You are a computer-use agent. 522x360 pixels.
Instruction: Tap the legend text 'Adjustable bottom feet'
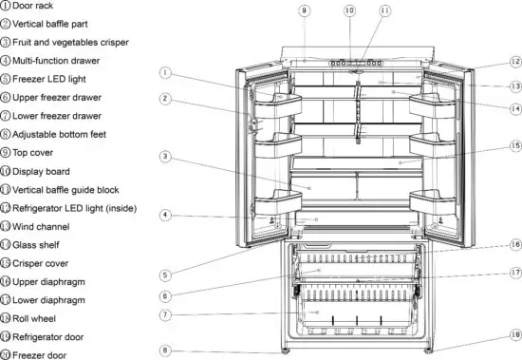tap(70, 135)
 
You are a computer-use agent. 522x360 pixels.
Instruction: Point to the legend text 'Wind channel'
tap(45, 226)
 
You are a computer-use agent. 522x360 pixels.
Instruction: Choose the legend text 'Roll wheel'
tap(39, 318)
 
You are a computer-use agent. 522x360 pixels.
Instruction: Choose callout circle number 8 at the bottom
tap(164, 350)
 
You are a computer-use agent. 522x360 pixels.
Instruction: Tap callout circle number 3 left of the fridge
tap(164, 156)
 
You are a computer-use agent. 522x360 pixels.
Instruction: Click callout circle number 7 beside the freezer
tap(164, 314)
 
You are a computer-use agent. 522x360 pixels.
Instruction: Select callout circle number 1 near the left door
tap(164, 71)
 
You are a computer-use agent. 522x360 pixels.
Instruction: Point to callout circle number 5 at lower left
tap(164, 275)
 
